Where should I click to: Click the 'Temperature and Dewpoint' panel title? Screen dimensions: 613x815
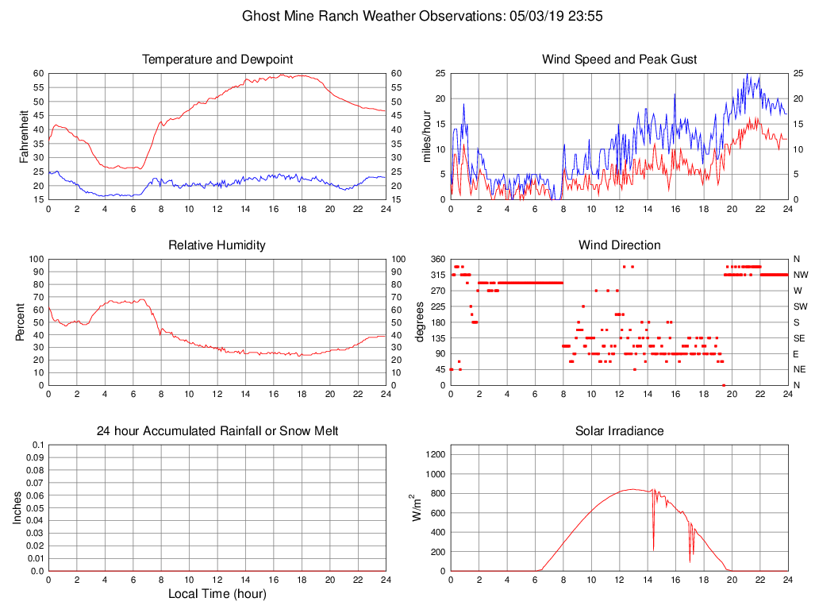217,60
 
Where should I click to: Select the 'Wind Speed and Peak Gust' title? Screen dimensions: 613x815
619,60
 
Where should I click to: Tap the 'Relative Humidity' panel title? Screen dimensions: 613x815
217,245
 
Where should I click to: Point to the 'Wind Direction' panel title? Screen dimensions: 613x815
619,245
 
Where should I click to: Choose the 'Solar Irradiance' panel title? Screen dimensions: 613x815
619,431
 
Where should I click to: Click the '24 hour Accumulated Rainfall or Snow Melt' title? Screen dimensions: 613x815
217,431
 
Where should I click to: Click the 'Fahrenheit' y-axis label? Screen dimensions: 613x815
24,136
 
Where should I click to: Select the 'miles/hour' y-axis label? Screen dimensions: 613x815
426,136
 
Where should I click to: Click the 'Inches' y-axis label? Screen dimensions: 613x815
17,507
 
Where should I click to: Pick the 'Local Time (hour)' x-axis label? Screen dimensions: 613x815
217,594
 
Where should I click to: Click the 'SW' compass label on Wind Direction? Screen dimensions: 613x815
801,306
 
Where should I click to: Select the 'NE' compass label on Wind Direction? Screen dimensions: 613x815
800,370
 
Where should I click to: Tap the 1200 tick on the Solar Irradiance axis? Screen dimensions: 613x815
433,455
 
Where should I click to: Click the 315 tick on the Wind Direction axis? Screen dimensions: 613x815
436,275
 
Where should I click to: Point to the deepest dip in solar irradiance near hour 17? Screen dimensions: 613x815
690,561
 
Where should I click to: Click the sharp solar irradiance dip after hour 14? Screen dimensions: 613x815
653,549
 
